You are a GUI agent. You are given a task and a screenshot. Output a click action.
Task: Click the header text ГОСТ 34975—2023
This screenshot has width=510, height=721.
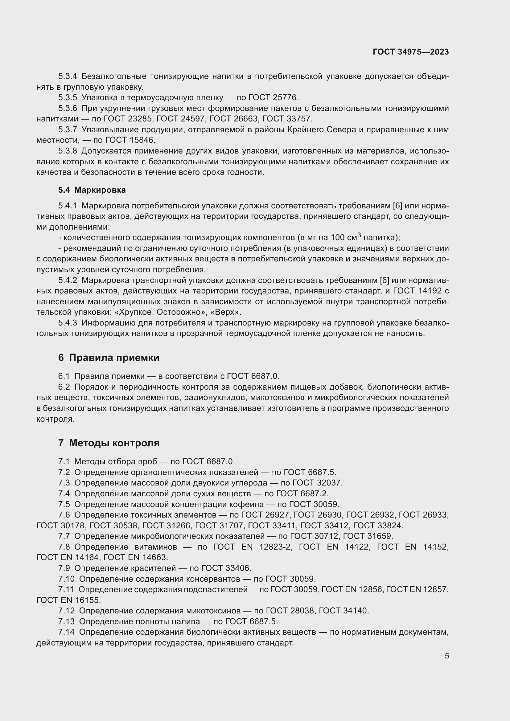tap(411, 52)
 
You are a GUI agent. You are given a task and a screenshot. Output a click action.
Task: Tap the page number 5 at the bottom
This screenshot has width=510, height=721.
tap(446, 656)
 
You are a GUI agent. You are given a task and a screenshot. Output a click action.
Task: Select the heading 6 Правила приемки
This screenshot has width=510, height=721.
tap(109, 358)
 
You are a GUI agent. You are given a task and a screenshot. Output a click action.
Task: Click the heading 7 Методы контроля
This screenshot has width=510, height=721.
tap(109, 443)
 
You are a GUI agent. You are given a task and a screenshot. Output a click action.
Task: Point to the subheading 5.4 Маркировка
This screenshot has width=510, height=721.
tap(92, 190)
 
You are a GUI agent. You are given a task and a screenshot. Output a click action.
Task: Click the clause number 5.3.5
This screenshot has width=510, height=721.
tap(68, 98)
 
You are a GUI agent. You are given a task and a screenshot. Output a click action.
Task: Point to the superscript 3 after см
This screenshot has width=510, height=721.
tap(359, 236)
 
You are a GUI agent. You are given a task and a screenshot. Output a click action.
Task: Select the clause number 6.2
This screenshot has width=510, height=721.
tap(64, 387)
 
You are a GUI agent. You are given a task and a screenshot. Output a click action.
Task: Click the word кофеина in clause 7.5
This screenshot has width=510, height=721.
tap(248, 504)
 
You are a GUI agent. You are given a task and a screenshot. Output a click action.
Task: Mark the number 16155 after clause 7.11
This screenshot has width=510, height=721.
tap(88, 600)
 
